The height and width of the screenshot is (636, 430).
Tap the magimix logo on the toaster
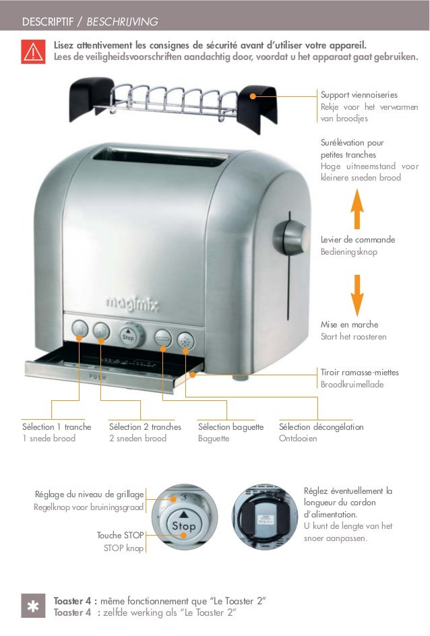click(131, 305)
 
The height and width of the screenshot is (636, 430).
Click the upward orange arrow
click(357, 209)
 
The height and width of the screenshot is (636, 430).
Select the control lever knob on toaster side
click(287, 236)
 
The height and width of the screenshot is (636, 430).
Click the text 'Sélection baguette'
click(231, 427)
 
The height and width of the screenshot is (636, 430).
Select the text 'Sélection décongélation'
click(321, 427)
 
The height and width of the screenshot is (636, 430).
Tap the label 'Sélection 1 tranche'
click(57, 427)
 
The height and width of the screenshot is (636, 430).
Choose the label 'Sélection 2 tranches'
click(145, 427)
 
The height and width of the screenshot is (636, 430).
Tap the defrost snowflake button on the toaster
click(185, 340)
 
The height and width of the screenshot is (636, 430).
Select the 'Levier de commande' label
click(357, 240)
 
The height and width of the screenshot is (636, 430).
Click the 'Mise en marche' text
click(350, 325)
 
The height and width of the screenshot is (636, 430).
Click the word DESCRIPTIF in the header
click(49, 22)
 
